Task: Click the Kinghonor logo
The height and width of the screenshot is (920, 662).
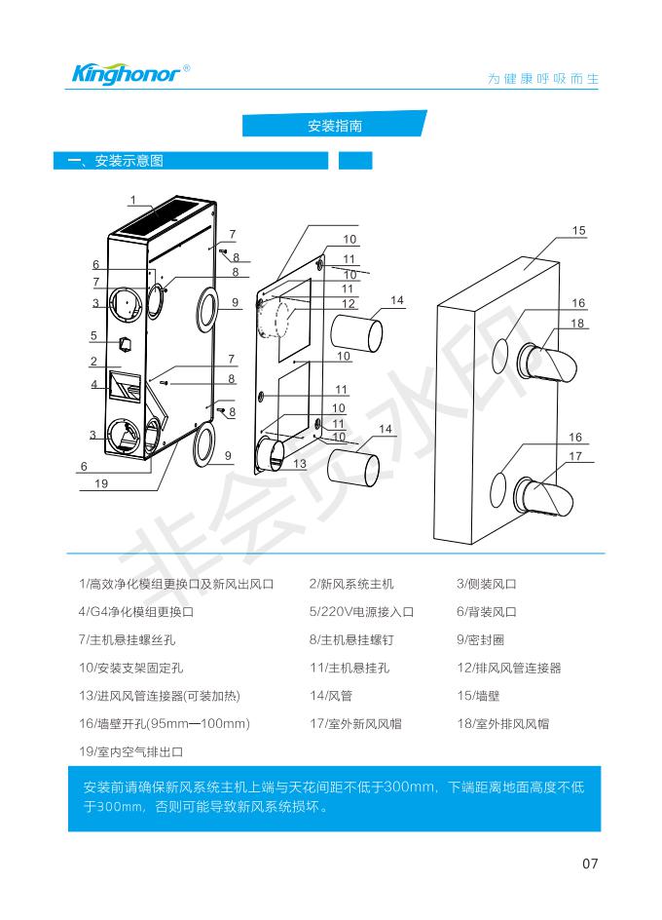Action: pyautogui.click(x=130, y=74)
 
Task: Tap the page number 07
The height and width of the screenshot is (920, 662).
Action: pyautogui.click(x=590, y=863)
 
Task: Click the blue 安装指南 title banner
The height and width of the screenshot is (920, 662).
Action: pyautogui.click(x=335, y=124)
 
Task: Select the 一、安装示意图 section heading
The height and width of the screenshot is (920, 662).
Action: pyautogui.click(x=116, y=161)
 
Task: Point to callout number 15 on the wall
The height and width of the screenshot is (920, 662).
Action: pyautogui.click(x=578, y=231)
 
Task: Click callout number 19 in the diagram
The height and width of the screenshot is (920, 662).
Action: pyautogui.click(x=101, y=483)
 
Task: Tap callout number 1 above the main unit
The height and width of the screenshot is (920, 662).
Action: pyautogui.click(x=133, y=200)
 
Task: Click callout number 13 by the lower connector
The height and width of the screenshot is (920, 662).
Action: pyautogui.click(x=300, y=464)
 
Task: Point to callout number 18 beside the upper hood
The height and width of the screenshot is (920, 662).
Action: pyautogui.click(x=577, y=324)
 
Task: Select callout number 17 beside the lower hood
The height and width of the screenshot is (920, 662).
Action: pyautogui.click(x=575, y=456)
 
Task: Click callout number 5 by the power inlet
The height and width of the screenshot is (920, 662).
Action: pyautogui.click(x=93, y=336)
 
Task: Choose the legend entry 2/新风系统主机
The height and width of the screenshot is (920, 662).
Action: pyautogui.click(x=351, y=584)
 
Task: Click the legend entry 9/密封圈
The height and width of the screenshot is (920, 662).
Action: pyautogui.click(x=480, y=639)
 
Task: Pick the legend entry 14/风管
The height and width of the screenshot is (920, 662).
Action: pyautogui.click(x=331, y=696)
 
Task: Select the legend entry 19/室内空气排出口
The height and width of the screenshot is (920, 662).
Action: pyautogui.click(x=130, y=751)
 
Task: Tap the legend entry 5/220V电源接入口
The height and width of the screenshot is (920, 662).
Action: pyautogui.click(x=361, y=611)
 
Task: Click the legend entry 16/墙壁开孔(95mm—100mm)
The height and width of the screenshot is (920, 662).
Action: pyautogui.click(x=165, y=723)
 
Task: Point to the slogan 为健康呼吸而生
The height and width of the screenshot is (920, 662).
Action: pyautogui.click(x=543, y=79)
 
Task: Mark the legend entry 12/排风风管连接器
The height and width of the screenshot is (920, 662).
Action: pyautogui.click(x=509, y=668)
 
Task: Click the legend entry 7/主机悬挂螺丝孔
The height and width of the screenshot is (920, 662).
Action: pyautogui.click(x=127, y=639)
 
